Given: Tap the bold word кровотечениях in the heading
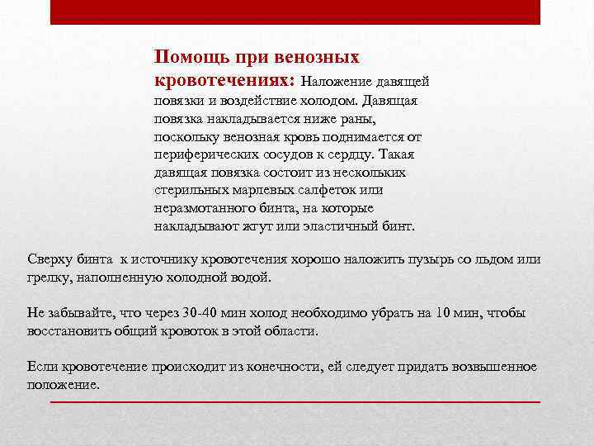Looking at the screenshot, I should coord(223,80).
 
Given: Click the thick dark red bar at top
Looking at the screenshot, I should coord(295,12).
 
